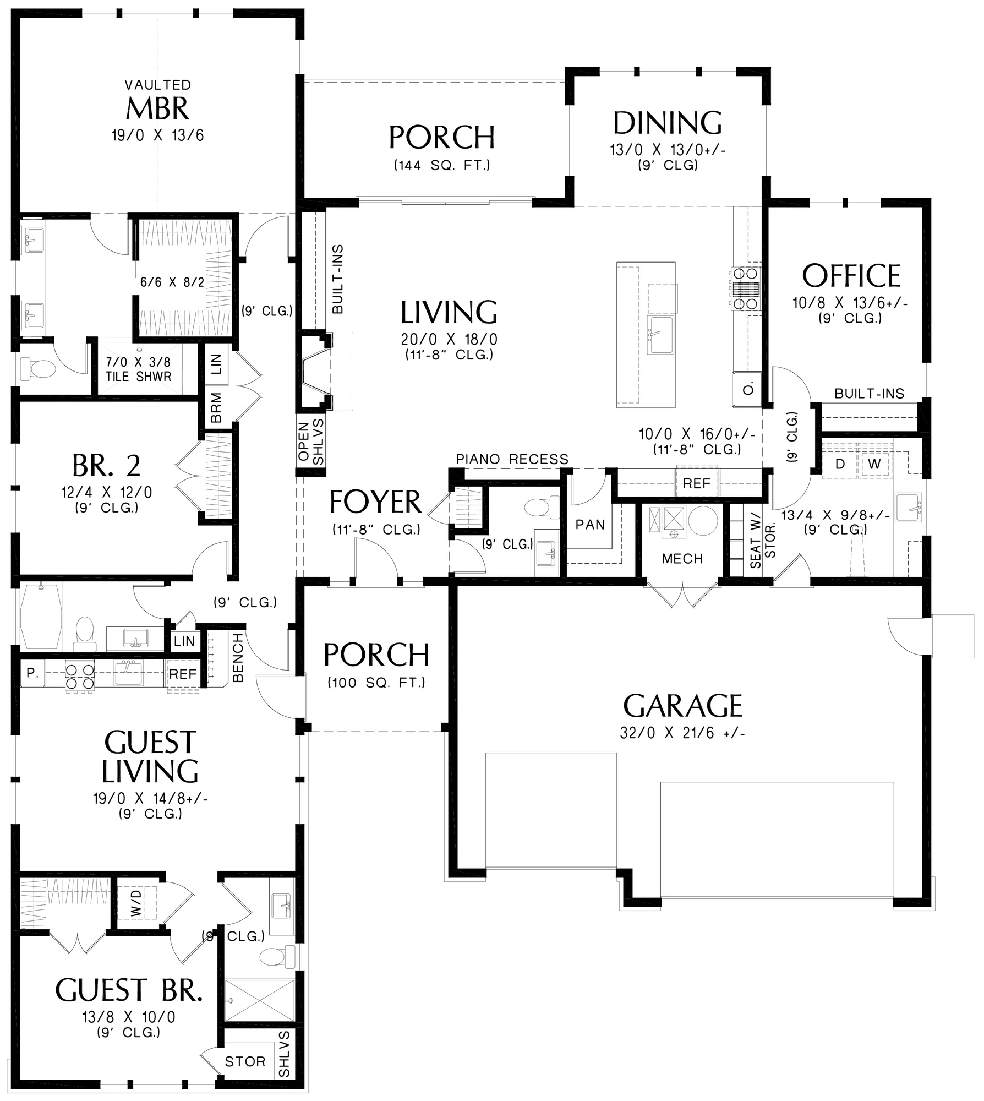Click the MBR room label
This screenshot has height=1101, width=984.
pyautogui.click(x=157, y=108)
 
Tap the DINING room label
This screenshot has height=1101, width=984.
pyautogui.click(x=668, y=123)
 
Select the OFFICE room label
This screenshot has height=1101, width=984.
pyautogui.click(x=851, y=276)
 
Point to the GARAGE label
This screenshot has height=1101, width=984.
pyautogui.click(x=682, y=706)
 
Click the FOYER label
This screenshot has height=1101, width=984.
pyautogui.click(x=375, y=502)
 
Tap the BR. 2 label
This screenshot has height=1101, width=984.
pyautogui.click(x=106, y=466)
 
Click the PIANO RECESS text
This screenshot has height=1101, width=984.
pyautogui.click(x=512, y=459)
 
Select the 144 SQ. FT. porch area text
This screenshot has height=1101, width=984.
pyautogui.click(x=442, y=165)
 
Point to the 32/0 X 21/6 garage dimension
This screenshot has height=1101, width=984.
pyautogui.click(x=682, y=733)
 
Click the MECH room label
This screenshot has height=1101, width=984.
pyautogui.click(x=682, y=559)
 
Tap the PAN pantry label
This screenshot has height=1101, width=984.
pyautogui.click(x=590, y=525)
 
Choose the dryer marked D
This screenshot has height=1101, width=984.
pyautogui.click(x=840, y=464)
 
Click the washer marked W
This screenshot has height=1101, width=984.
pyautogui.click(x=874, y=464)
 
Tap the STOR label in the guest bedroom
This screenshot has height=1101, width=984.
pyautogui.click(x=245, y=1061)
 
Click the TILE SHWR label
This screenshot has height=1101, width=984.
pyautogui.click(x=138, y=377)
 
